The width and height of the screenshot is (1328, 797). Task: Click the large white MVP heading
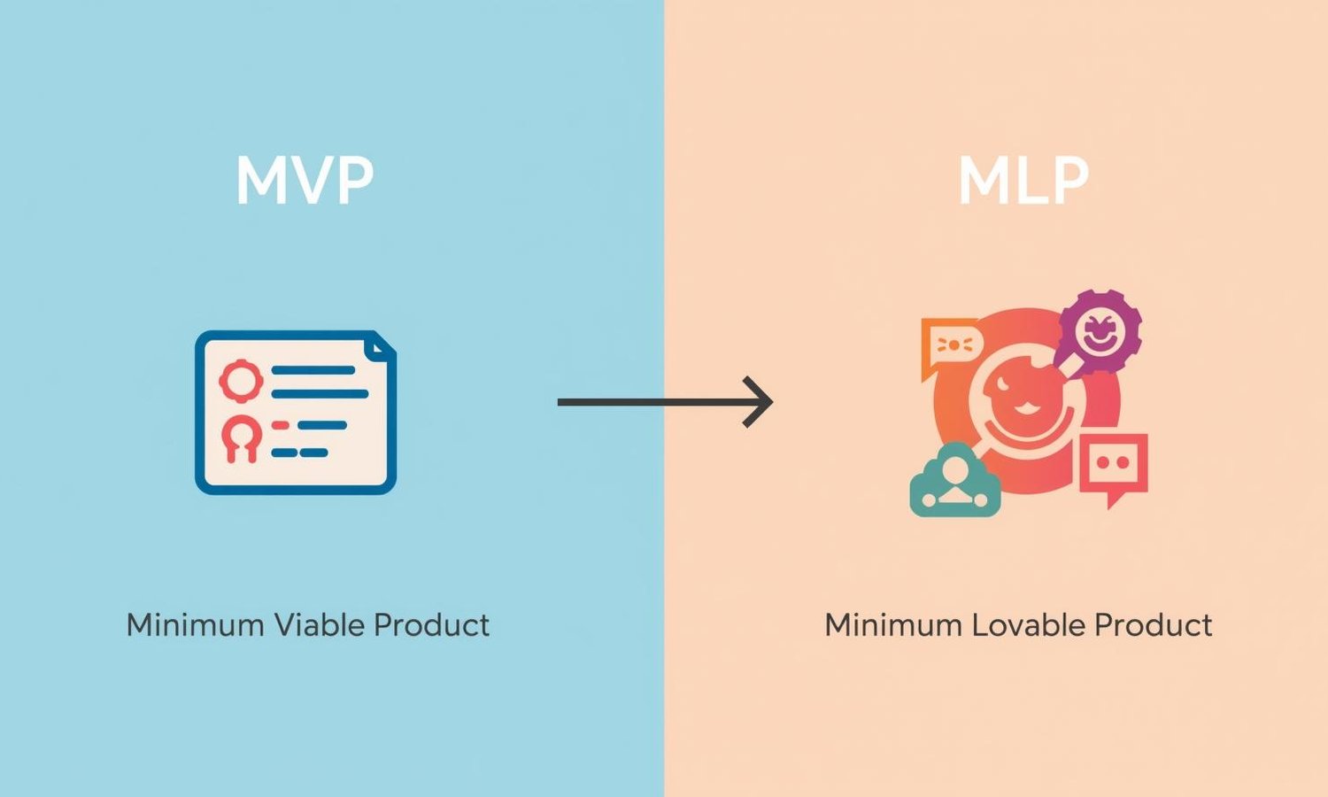[305, 182]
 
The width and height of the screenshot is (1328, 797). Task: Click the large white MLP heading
[1023, 182]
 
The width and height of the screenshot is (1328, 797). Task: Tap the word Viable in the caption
[319, 625]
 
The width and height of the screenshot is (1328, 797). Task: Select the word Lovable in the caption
[1028, 625]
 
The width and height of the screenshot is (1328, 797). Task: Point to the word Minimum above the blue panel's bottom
[196, 625]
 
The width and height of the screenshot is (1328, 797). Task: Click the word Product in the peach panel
[1154, 625]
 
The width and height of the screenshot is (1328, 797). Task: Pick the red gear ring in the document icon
[241, 381]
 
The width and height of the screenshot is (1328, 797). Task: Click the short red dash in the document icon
[281, 426]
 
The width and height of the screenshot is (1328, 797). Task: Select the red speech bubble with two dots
[1114, 466]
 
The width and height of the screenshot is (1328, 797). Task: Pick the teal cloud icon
[954, 483]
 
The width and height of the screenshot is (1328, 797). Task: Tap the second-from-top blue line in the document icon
[320, 394]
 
